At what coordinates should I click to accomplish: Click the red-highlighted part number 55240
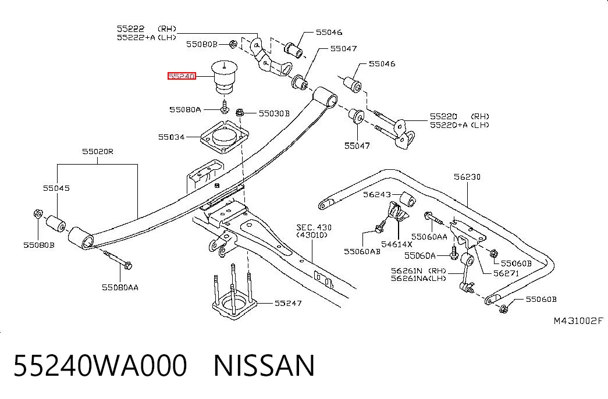click(x=182, y=76)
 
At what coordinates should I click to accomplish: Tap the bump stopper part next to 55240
click(x=224, y=77)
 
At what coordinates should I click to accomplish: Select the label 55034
click(x=171, y=137)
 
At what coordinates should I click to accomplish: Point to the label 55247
click(x=288, y=303)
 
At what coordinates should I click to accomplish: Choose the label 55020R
click(x=98, y=152)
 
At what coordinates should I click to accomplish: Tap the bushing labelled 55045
click(x=56, y=224)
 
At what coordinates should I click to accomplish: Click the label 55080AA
click(x=120, y=287)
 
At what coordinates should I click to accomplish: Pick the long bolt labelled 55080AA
click(x=118, y=259)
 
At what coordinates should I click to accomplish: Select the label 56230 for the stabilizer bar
click(x=467, y=177)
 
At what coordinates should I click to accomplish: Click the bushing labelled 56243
click(x=407, y=199)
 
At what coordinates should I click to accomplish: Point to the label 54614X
click(x=397, y=244)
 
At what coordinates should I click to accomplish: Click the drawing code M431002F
click(x=578, y=320)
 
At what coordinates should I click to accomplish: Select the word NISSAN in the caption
click(x=264, y=366)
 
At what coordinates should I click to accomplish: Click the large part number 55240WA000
click(x=101, y=366)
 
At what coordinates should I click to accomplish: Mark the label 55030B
click(x=274, y=113)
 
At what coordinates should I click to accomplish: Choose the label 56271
click(x=506, y=273)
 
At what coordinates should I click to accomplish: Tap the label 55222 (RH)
click(x=147, y=28)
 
